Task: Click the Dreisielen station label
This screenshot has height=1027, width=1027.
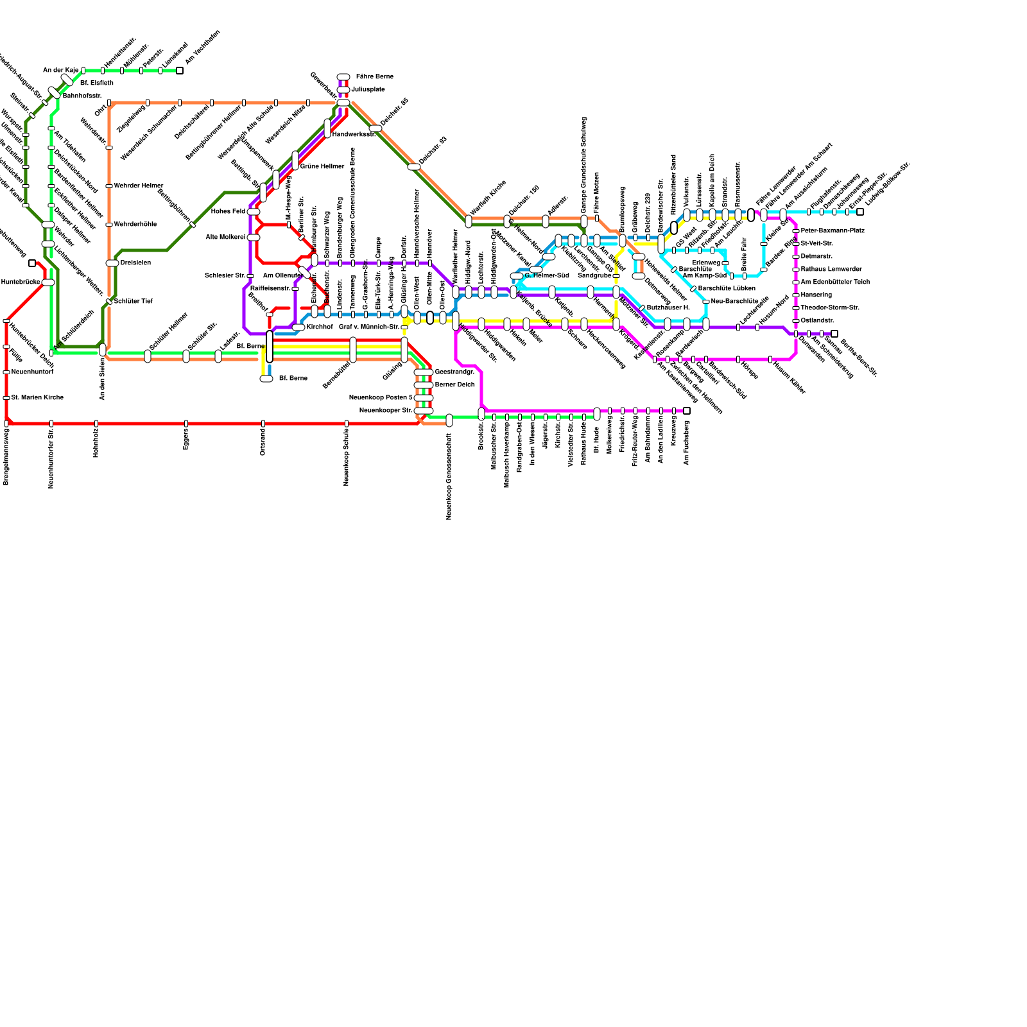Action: pos(135,263)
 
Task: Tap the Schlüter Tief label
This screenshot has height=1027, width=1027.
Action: pos(133,302)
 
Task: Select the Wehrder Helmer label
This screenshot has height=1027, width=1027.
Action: pos(138,186)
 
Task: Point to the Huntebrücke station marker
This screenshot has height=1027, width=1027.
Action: pos(48,282)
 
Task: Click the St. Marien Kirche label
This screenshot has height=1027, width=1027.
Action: pos(37,398)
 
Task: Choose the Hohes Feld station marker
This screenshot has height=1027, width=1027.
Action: pos(254,212)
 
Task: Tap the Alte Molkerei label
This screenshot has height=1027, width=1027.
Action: pos(225,237)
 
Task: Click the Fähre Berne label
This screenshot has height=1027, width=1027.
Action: pos(374,77)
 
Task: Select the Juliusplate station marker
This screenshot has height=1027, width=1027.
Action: pos(343,90)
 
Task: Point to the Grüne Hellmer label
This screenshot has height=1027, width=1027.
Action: pos(322,167)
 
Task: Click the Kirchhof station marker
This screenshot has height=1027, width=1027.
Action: pos(298,327)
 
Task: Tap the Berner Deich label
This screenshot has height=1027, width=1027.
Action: pos(454,385)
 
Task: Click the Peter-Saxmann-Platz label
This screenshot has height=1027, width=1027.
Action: pos(833,231)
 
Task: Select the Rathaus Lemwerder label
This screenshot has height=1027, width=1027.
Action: pos(831,270)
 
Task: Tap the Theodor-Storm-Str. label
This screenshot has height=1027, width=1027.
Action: pos(830,308)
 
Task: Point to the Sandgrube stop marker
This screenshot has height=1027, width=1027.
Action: pos(616,276)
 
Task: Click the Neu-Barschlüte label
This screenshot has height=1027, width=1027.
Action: pos(735,302)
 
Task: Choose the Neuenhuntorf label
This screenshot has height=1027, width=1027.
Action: pos(32,372)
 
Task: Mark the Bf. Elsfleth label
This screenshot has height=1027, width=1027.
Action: pos(97,83)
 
